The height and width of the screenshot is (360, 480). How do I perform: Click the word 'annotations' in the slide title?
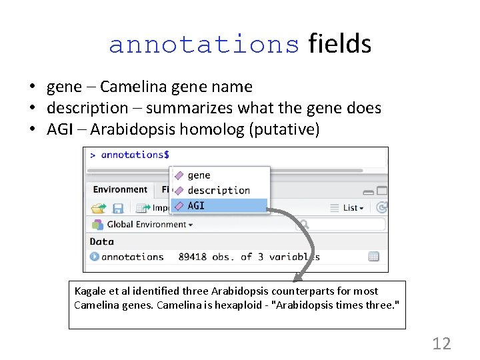pos(204,45)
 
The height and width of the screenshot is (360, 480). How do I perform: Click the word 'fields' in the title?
pos(340,44)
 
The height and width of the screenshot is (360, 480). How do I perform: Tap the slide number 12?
pos(441,344)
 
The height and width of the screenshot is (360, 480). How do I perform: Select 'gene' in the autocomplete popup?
pos(199,175)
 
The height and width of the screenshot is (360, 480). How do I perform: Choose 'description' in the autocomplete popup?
pos(219,191)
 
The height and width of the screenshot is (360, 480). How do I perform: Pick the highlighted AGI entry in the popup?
pos(196,206)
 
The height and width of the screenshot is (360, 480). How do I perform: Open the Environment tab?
pos(120,190)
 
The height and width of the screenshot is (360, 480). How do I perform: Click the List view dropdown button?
pos(349,208)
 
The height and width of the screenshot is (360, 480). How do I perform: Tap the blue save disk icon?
pos(118,208)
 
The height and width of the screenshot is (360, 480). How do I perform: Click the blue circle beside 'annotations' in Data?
pos(95,257)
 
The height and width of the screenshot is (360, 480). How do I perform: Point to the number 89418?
pos(193,257)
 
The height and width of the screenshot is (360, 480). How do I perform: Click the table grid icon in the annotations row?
pos(373,257)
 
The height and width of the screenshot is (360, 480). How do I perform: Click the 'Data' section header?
pos(102,241)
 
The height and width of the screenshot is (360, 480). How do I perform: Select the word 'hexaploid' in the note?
pos(237,305)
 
